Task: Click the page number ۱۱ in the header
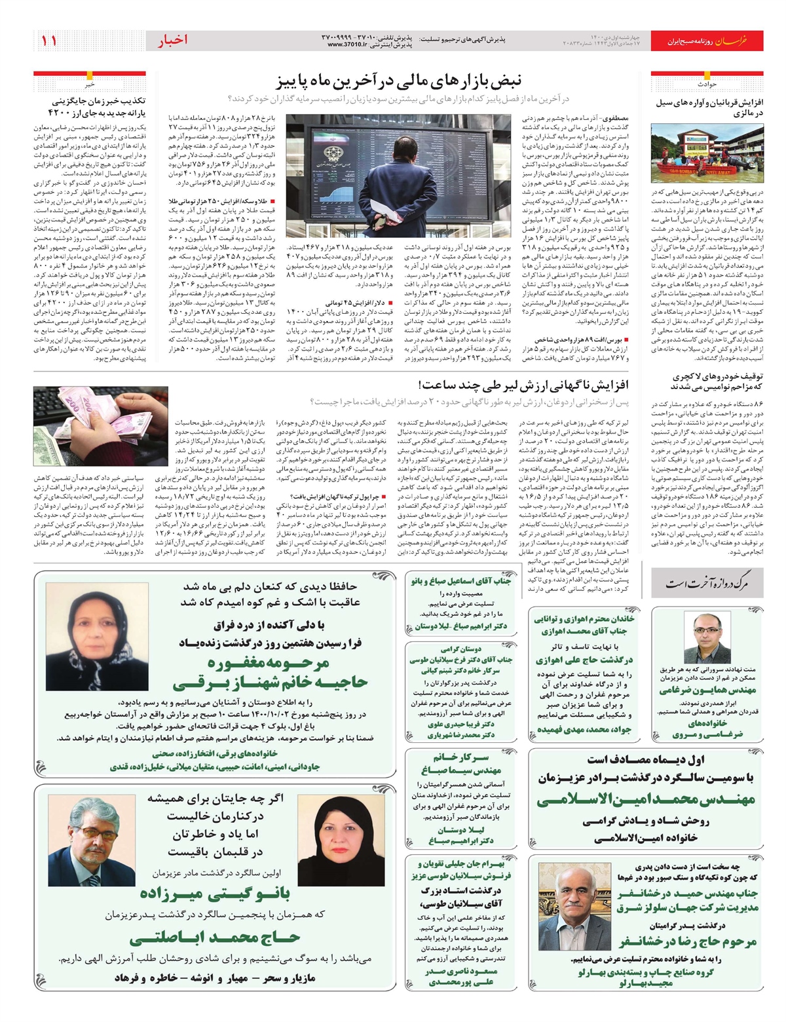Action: [x=49, y=41]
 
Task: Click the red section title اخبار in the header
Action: [x=172, y=41]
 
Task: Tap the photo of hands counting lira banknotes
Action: [x=100, y=426]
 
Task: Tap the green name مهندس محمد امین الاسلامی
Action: [x=645, y=799]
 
